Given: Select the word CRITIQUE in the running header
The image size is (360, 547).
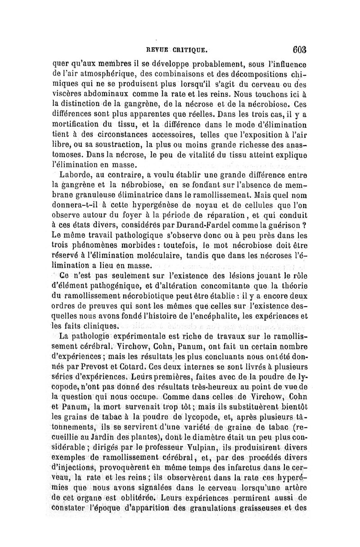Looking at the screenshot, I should (189, 50).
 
